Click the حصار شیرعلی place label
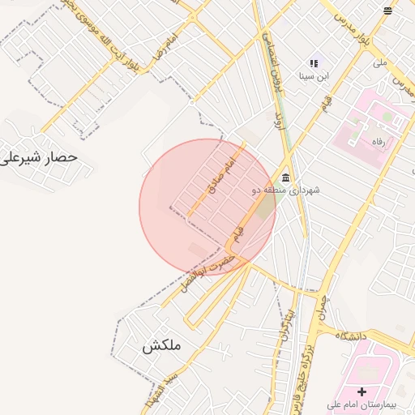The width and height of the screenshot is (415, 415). tap(39, 156)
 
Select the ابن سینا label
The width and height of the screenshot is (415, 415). tap(313, 77)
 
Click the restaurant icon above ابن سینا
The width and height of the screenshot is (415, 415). tap(314, 63)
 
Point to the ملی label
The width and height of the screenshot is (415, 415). tap(379, 62)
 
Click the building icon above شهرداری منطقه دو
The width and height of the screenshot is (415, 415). tap(285, 178)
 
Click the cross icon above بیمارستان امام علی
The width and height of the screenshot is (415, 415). tap(362, 391)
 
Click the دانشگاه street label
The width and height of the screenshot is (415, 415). tap(349, 335)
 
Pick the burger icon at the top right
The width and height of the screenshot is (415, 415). tap(387, 10)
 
